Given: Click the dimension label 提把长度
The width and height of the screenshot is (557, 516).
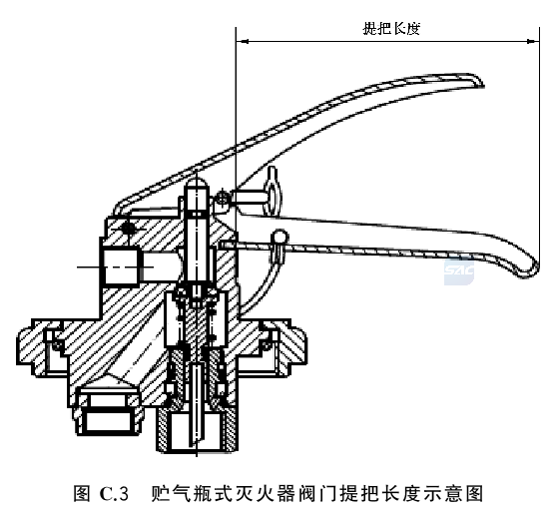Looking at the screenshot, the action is point(391,28).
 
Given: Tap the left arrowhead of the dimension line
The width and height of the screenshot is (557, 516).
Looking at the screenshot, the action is point(242,41).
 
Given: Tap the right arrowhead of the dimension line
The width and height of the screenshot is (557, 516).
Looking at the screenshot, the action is point(533,41).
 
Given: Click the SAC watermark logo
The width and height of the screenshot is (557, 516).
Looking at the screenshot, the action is point(458,271).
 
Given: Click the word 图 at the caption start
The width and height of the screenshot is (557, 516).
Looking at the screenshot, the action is point(82,494).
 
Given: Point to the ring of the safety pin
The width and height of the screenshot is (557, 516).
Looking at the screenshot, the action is point(274,192).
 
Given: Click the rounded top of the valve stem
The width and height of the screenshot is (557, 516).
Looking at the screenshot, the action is point(197,184).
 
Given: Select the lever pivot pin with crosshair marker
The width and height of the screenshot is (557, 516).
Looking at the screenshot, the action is point(128,228).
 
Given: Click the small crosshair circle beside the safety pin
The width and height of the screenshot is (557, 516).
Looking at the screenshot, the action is point(223,197).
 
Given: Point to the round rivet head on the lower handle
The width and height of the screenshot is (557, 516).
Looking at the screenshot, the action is point(280,237).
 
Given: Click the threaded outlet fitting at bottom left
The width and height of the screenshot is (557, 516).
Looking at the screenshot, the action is point(109,411).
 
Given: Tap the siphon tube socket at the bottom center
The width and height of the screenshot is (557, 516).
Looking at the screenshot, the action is point(197,430).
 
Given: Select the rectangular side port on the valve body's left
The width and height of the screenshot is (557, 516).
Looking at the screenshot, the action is point(120,266).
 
